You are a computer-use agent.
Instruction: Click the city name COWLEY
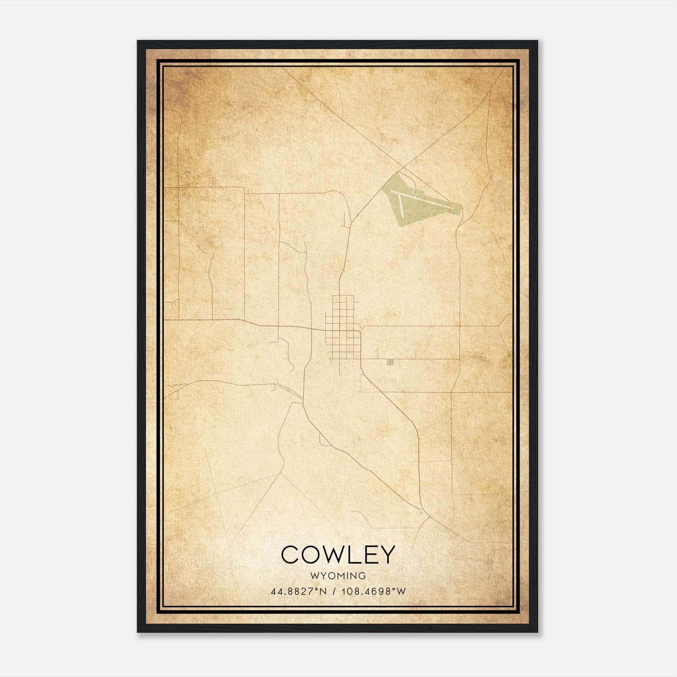(x=338, y=555)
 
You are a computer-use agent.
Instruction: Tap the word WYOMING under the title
(x=338, y=576)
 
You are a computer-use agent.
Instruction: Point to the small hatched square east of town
(x=390, y=362)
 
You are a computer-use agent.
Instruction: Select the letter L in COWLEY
(x=353, y=555)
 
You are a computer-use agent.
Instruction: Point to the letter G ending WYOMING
(x=362, y=576)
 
